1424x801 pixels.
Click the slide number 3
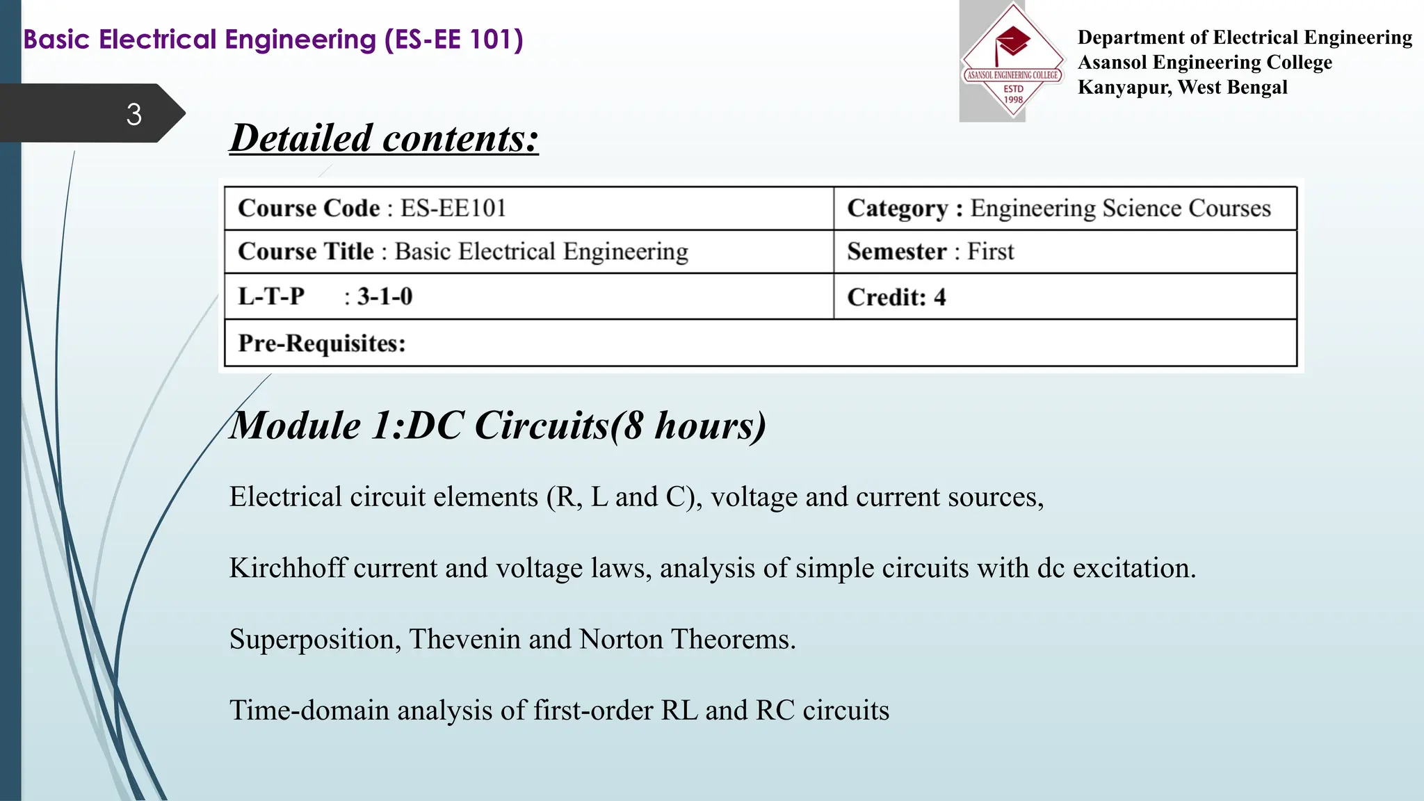tap(134, 114)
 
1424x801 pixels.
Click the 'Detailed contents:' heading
tap(384, 138)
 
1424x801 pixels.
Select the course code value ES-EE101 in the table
tap(453, 208)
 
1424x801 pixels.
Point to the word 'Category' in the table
tap(897, 209)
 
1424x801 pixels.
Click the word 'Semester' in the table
tap(896, 252)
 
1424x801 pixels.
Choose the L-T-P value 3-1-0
tap(385, 297)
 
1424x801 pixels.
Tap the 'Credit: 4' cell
tap(896, 298)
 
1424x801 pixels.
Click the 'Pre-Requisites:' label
tap(321, 343)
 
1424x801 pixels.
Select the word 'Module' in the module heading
tap(295, 426)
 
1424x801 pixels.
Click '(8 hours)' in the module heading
tap(688, 426)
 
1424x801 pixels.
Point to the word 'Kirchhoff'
tap(287, 568)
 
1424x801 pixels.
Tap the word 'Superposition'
tap(314, 640)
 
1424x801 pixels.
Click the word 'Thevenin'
tap(464, 640)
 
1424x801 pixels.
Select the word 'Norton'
tap(621, 640)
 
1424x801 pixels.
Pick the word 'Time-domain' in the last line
tap(309, 711)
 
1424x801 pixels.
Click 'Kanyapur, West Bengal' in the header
tap(1182, 88)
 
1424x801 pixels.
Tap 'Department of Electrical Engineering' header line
tap(1245, 38)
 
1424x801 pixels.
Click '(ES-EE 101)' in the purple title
tap(453, 40)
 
